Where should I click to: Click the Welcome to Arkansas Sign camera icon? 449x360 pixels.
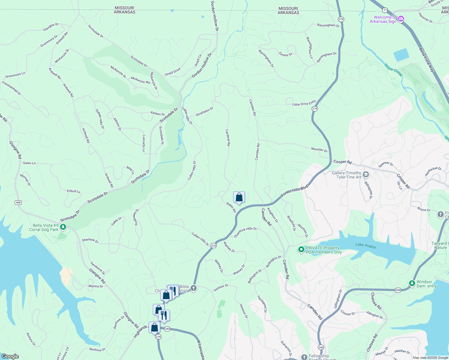tap(401, 19)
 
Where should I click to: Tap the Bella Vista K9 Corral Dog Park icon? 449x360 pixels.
tap(63, 227)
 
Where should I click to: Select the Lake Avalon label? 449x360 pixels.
tap(366, 245)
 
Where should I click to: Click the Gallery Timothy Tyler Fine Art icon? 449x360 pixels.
tap(366, 175)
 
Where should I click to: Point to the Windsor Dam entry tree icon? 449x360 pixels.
tap(412, 283)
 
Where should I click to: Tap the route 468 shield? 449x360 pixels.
tap(18, 202)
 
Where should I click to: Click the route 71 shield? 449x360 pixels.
tap(385, 10)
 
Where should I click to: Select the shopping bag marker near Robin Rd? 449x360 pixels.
tap(239, 197)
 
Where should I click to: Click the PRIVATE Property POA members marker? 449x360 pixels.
tap(301, 250)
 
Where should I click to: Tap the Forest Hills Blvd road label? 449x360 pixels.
tap(294, 191)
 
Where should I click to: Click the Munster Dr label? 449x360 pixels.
tap(319, 149)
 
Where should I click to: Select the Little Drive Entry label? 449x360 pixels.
tap(304, 103)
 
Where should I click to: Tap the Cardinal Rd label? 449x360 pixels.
tap(228, 137)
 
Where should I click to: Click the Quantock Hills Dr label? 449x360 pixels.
tap(245, 232)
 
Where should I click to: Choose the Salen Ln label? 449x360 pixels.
tap(29, 163)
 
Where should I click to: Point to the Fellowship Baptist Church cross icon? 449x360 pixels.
tap(304, 357)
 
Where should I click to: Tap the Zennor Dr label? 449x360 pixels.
tap(285, 54)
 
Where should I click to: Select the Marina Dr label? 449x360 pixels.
tap(95, 286)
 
